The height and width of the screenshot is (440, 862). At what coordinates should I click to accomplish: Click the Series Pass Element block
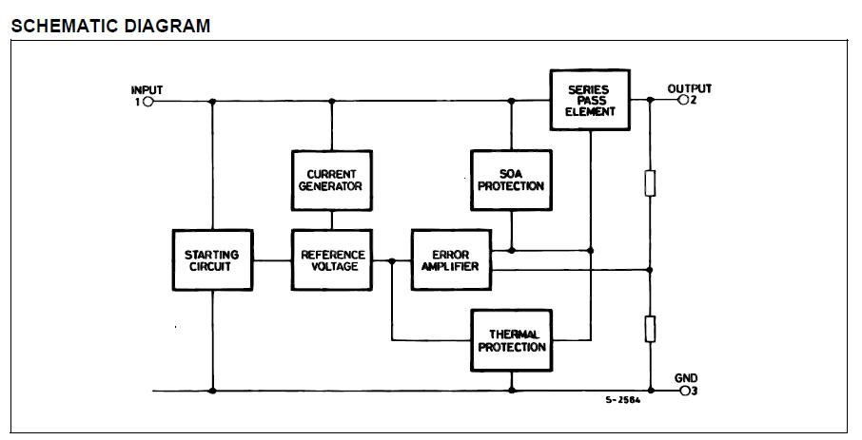[x=591, y=100]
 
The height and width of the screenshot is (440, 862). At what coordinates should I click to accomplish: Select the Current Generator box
[x=331, y=180]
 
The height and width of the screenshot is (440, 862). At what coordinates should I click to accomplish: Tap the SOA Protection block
[x=511, y=180]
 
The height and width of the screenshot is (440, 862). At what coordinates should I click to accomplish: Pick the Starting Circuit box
[x=211, y=260]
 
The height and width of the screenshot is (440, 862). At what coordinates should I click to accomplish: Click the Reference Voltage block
[x=331, y=260]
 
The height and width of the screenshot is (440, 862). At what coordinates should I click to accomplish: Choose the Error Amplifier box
[x=449, y=260]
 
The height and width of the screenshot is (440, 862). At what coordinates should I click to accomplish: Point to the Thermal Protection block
[x=511, y=340]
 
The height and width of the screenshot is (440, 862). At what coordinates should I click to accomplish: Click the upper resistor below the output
[x=651, y=182]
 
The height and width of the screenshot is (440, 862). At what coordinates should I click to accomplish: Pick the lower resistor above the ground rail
[x=651, y=329]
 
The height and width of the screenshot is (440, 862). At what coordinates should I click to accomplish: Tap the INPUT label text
[x=147, y=89]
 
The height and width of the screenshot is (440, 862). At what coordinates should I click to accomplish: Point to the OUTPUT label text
[x=689, y=88]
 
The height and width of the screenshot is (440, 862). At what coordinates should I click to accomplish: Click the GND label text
[x=686, y=378]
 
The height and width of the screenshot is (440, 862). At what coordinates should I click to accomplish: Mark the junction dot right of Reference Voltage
[x=392, y=260]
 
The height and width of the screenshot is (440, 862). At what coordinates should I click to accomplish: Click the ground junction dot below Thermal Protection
[x=511, y=390]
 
